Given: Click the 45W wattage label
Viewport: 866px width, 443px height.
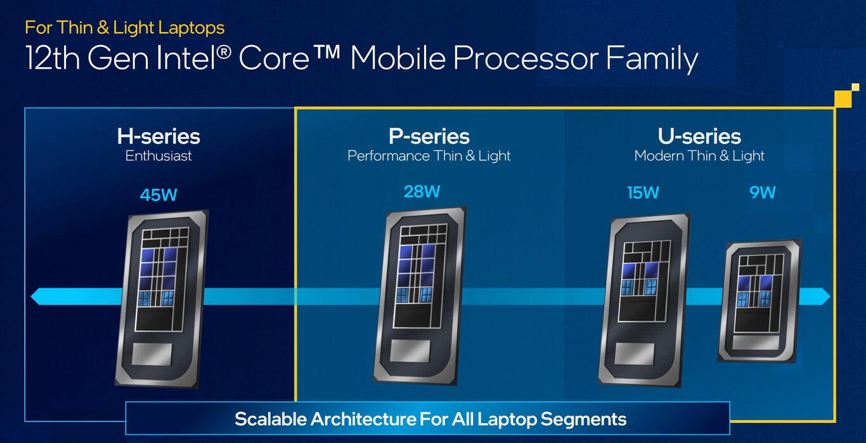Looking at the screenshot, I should pos(158,194).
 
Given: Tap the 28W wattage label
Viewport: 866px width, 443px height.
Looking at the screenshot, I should pos(422,191).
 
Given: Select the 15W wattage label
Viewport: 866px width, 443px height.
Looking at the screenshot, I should pos(643,192).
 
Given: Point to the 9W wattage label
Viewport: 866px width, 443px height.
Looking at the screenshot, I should pos(763,192).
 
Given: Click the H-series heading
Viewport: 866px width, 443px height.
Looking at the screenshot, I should pos(158,136).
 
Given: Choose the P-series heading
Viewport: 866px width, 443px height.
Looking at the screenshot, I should pos(429,136).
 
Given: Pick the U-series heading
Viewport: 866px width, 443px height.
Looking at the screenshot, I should pos(699,136).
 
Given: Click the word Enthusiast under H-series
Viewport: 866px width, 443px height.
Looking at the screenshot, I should pos(158,155).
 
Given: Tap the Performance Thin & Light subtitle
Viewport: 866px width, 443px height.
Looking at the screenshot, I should pos(429,155).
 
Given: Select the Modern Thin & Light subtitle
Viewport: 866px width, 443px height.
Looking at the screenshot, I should pos(699,155).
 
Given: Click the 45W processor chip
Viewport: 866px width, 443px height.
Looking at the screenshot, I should pos(162,298).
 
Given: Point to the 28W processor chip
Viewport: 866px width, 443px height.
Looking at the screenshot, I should pos(419,296).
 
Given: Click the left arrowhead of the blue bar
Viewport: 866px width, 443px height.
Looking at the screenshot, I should pos(37,296).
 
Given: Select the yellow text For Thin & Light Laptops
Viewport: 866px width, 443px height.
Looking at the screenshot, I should pos(125,27).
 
